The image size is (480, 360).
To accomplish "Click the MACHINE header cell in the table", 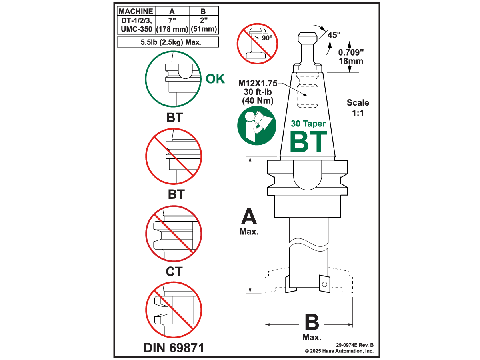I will click(x=136, y=11).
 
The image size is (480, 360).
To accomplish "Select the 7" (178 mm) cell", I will click(x=172, y=25).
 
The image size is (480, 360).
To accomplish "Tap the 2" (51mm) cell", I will click(x=204, y=25).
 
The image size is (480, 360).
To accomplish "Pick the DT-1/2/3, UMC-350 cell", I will click(x=136, y=25).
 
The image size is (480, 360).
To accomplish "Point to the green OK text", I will click(x=215, y=79).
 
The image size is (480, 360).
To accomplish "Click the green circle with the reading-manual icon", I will click(x=256, y=127).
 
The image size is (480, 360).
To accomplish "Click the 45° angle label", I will click(x=334, y=35).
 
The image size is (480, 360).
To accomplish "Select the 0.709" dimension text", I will click(x=351, y=52).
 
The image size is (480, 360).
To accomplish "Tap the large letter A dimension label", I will click(x=249, y=217).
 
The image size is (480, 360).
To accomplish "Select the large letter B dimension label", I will click(x=312, y=322).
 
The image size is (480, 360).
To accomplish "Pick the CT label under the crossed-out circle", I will click(x=174, y=272).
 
